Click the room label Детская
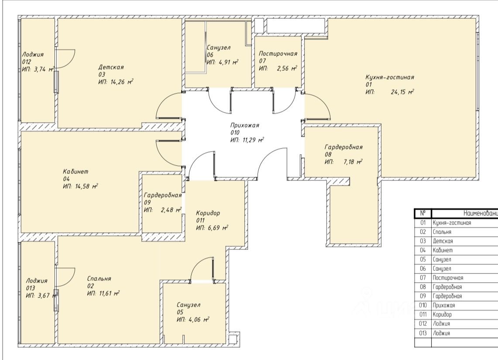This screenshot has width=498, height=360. [x=111, y=67]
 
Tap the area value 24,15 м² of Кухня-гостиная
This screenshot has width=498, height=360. [x=402, y=92]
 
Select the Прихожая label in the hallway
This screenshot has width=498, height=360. [x=244, y=125]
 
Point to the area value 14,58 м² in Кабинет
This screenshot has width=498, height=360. [x=86, y=186]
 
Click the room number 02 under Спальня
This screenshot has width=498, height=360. [x=90, y=286]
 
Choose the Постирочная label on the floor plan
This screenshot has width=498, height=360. [x=278, y=53]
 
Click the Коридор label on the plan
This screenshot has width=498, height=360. [x=208, y=213]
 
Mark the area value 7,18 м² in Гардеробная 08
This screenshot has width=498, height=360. [x=353, y=162]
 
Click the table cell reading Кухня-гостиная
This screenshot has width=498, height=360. [x=452, y=223]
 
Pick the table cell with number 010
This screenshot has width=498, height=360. [x=423, y=305]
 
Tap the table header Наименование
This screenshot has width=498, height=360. [x=481, y=213]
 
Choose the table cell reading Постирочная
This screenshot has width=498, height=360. [x=448, y=277]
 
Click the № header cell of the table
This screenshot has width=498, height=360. [x=423, y=213]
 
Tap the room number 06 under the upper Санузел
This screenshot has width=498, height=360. [x=210, y=55]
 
